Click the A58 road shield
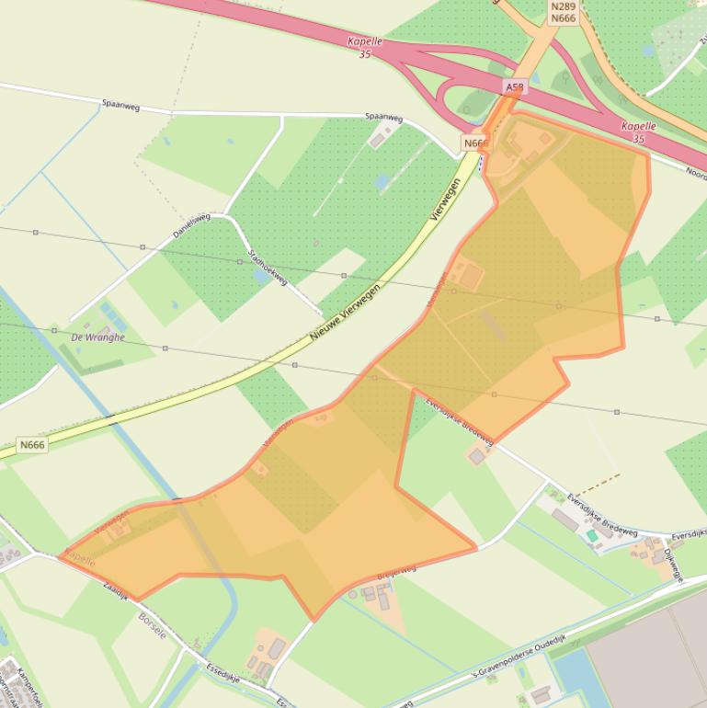click(x=515, y=87)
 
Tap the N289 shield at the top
click(x=564, y=6)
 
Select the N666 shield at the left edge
click(x=32, y=445)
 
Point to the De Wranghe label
click(x=97, y=337)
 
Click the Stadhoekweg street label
click(x=268, y=267)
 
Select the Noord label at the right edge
click(x=696, y=171)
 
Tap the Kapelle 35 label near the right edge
click(x=638, y=131)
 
